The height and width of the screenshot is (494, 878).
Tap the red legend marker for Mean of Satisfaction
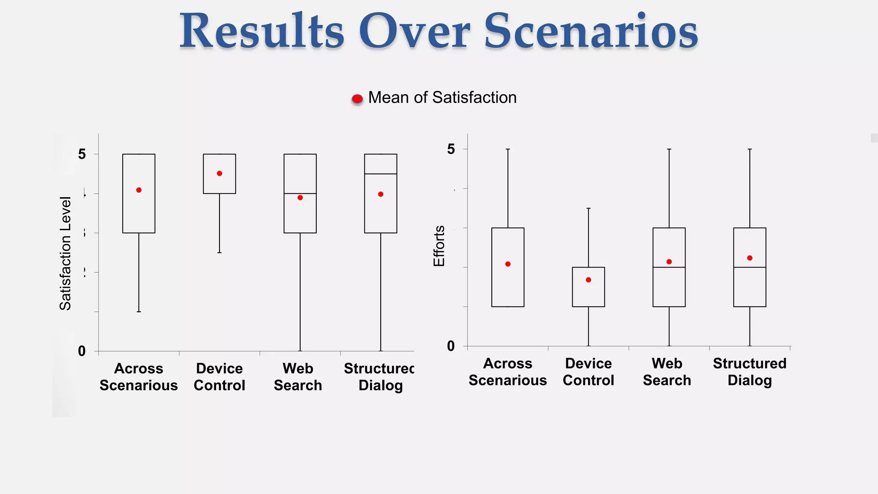click(357, 99)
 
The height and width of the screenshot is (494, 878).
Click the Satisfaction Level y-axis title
click(65, 253)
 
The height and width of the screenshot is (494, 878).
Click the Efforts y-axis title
click(439, 246)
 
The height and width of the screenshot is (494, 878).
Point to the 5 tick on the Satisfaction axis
click(82, 154)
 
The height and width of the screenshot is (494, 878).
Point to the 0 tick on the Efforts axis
click(451, 346)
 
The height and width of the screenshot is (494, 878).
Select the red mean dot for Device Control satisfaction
click(219, 174)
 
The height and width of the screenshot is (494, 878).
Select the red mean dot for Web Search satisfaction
click(300, 198)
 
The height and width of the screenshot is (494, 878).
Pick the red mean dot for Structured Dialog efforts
click(750, 258)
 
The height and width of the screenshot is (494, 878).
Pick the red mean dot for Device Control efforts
click(589, 280)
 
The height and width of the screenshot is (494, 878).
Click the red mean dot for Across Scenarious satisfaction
click(139, 190)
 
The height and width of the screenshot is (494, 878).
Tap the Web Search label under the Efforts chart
click(667, 372)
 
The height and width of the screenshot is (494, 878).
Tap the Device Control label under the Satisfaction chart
click(219, 377)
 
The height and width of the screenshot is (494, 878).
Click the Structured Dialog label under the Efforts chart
click(750, 372)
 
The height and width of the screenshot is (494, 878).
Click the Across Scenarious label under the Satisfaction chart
click(139, 377)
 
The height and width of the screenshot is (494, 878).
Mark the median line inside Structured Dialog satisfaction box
click(381, 174)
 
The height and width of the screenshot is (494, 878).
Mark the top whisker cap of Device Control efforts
click(589, 208)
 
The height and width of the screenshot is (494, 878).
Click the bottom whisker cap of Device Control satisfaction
click(219, 253)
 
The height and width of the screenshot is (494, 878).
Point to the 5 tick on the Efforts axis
click(451, 149)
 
